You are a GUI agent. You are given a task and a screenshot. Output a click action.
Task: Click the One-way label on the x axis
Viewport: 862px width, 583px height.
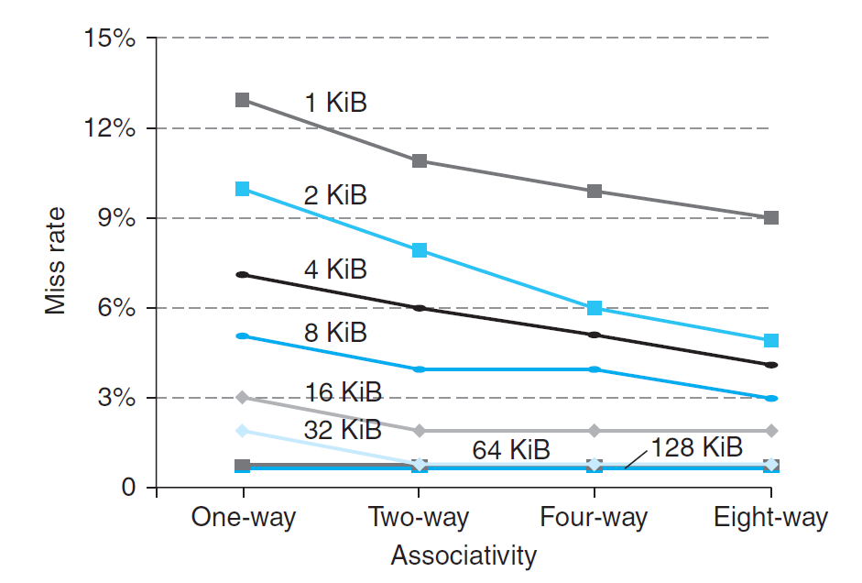[x=243, y=518]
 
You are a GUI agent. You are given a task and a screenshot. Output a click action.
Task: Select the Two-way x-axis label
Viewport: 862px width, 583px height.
[x=419, y=518]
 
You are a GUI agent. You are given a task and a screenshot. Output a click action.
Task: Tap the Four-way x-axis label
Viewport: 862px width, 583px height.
[x=594, y=518]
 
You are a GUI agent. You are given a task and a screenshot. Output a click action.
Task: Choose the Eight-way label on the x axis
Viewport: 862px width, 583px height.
[x=770, y=518]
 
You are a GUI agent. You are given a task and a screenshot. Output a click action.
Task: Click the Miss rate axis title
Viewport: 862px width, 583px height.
[x=57, y=263]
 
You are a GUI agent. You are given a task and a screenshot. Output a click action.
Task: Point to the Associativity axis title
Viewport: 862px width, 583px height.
[x=463, y=555]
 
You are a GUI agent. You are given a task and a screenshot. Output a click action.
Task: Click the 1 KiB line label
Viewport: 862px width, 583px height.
[x=335, y=103]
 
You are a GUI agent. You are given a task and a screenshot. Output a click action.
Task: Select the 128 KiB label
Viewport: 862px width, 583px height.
[x=696, y=447]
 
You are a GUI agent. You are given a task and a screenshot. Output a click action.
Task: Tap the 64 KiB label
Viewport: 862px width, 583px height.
[x=511, y=450]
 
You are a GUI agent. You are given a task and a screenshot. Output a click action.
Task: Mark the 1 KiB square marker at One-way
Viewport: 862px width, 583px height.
[x=243, y=100]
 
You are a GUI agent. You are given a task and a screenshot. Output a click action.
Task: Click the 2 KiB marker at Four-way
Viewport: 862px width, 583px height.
[x=595, y=308]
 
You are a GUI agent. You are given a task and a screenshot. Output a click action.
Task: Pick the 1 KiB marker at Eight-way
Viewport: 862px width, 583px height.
[x=771, y=218]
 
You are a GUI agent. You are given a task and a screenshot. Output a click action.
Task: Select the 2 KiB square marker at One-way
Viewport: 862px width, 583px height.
[x=243, y=189]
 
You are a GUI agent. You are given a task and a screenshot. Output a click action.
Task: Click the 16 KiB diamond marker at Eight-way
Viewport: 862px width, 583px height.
[x=771, y=431]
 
